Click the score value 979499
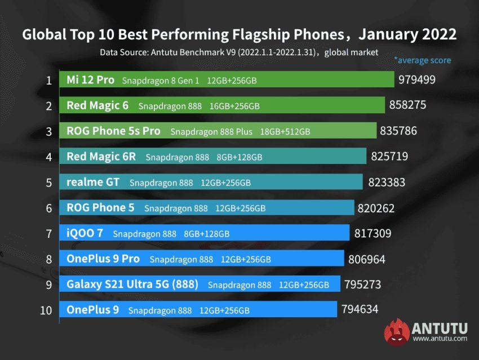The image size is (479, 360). (x=416, y=79)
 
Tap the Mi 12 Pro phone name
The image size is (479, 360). (x=90, y=80)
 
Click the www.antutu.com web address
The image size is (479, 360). (x=440, y=339)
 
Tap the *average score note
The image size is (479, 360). (x=422, y=60)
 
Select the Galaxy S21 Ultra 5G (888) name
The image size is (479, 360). (x=132, y=284)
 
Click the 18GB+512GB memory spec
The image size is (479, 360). (x=285, y=131)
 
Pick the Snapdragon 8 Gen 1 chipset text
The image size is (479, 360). (x=161, y=81)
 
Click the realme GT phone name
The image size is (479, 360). (x=94, y=182)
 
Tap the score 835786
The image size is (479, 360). (x=398, y=131)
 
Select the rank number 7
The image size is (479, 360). (x=48, y=233)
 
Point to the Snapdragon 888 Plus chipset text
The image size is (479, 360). (x=211, y=131)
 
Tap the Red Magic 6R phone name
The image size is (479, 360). (x=101, y=156)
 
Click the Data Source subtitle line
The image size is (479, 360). (x=239, y=52)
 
